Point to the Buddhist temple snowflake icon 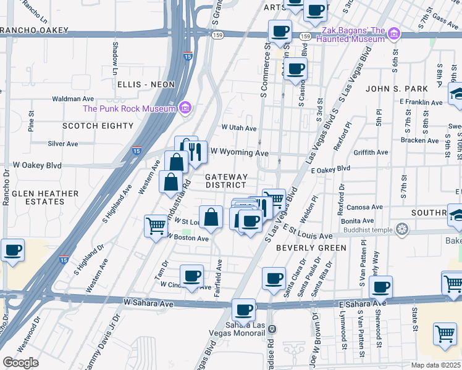[403, 230]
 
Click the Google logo [20, 362]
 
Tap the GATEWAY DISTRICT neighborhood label [226, 181]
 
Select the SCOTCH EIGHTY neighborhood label [98, 126]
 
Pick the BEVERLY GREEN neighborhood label [311, 247]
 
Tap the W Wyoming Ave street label [240, 152]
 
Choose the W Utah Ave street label [239, 128]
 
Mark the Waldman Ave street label [73, 99]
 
